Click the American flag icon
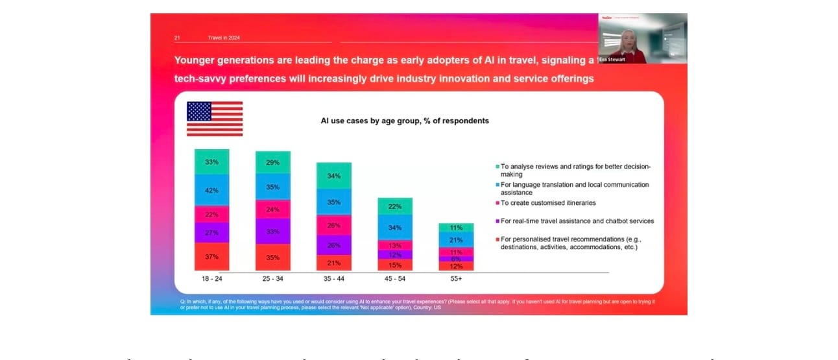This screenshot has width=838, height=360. (215, 119)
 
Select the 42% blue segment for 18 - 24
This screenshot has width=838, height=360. (211, 190)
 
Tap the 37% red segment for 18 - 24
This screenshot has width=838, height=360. (211, 257)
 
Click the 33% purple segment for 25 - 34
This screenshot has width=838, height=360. (272, 232)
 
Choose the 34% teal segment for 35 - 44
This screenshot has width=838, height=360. (333, 176)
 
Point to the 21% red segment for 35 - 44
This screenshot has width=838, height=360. (333, 263)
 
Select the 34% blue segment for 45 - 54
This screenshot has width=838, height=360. (395, 228)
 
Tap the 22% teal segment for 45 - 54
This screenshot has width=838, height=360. (395, 206)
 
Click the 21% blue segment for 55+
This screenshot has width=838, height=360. (456, 240)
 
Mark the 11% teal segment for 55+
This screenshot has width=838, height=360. (456, 228)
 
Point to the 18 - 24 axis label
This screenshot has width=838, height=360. (211, 278)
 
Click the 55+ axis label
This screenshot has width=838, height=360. (456, 278)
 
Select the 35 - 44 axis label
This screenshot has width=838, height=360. (333, 278)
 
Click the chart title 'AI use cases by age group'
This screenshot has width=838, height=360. (405, 121)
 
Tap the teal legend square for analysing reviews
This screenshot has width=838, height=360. (496, 167)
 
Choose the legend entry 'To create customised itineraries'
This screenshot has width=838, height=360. (549, 203)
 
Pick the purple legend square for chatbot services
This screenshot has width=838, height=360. (496, 221)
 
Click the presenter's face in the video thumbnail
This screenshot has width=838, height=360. (628, 38)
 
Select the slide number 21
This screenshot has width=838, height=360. (177, 38)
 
